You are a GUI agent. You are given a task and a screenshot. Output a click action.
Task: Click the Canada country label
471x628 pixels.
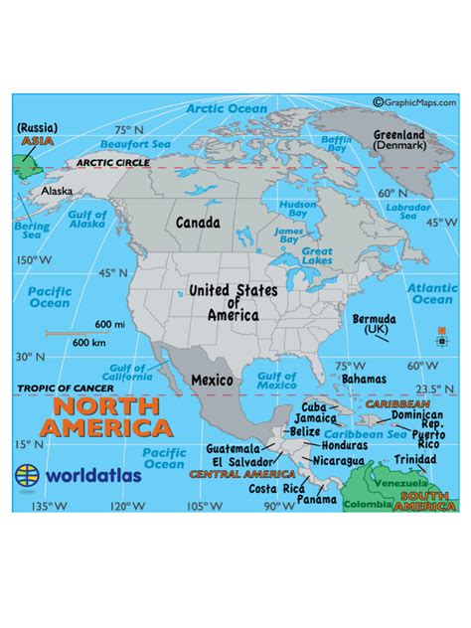tap(198, 224)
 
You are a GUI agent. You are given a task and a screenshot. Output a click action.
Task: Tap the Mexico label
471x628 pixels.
tap(212, 380)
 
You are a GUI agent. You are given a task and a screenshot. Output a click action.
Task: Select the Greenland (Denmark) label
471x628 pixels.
tap(398, 139)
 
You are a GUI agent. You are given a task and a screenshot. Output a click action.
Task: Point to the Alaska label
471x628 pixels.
tap(57, 191)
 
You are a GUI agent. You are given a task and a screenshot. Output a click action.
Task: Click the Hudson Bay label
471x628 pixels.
tap(297, 208)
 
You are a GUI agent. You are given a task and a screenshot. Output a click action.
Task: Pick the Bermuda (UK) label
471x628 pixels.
tap(376, 324)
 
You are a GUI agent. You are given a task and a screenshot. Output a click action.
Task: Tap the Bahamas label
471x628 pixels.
tap(363, 379)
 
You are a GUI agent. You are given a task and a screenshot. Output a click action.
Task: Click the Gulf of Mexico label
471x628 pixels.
tap(276, 382)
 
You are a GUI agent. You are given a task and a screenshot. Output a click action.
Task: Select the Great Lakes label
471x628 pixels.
tap(317, 256)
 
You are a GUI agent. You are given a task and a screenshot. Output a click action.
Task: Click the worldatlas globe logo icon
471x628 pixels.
tap(28, 474)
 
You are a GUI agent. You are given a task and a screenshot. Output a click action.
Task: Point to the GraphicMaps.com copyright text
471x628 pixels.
tap(415, 101)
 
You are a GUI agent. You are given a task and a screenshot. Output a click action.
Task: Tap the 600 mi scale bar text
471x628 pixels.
tap(109, 325)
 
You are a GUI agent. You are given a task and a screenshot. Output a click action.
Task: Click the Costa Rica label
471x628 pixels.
tap(276, 489)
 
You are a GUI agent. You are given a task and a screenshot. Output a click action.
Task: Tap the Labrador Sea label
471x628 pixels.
tap(414, 211)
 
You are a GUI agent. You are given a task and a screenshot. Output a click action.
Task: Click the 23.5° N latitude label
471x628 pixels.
tap(427, 389)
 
